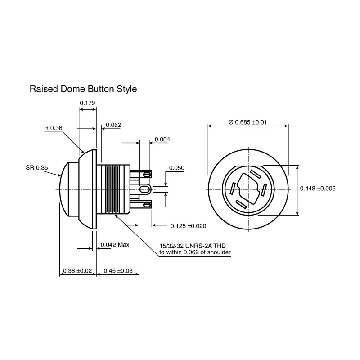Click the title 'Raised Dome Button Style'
[83, 89]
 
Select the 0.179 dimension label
[87, 103]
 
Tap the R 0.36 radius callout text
[53, 128]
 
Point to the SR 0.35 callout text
[37, 168]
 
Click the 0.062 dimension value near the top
[113, 125]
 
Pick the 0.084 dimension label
[162, 139]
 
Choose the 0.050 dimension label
[177, 168]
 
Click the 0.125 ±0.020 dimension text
[188, 226]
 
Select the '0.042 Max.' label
[116, 245]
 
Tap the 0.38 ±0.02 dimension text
[77, 271]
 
